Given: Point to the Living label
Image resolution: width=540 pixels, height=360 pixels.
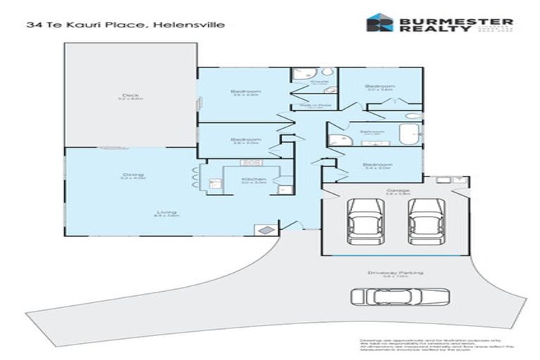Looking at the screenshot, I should (167, 212).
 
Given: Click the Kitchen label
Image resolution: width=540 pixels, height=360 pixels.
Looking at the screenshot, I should (254, 180).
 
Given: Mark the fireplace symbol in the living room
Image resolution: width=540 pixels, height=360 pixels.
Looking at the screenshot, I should (265, 229).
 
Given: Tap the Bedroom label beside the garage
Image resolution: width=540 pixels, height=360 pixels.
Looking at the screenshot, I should (377, 165).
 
